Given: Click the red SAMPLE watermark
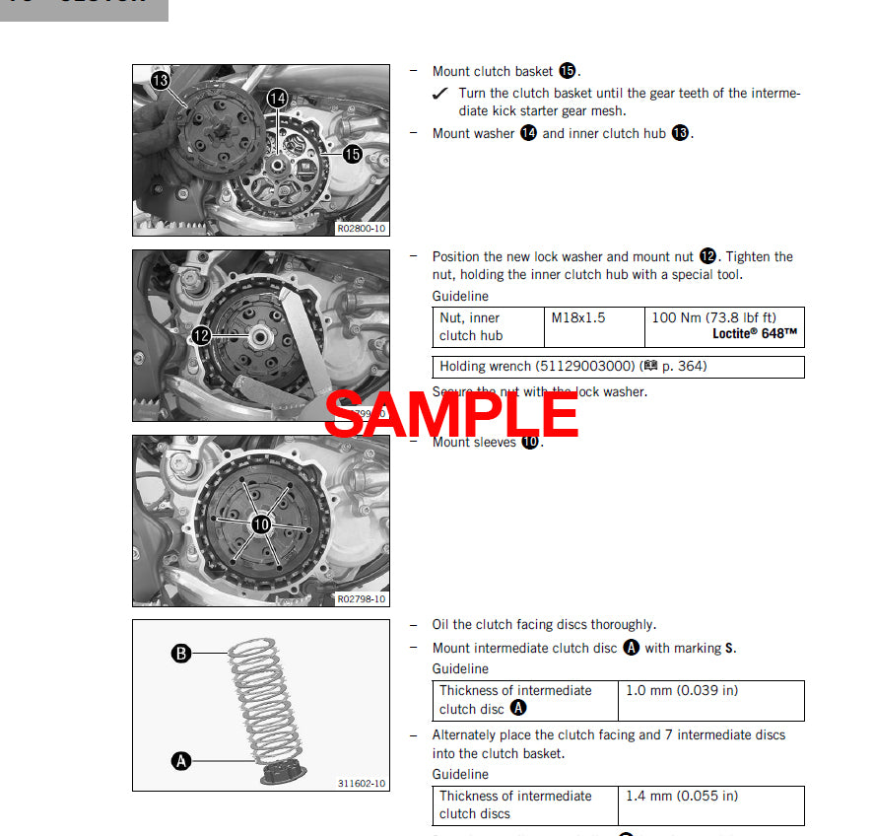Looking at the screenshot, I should [x=451, y=413].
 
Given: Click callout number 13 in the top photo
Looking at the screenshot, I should [x=161, y=79].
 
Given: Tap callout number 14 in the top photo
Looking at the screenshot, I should [x=277, y=98].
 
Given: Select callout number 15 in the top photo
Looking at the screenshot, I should [x=352, y=154].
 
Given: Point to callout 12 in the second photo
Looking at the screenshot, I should [x=201, y=335].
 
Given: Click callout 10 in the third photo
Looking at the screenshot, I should [x=261, y=524].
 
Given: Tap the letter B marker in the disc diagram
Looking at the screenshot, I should [x=181, y=654].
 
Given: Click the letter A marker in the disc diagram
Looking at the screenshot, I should [x=181, y=760].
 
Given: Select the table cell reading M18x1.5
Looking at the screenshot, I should [x=578, y=317].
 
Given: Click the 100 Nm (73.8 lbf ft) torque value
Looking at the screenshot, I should [x=713, y=317].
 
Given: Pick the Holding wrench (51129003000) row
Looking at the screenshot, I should [x=572, y=367].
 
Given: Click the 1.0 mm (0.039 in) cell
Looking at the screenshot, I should [x=681, y=690].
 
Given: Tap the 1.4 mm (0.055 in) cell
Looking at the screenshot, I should [x=681, y=796].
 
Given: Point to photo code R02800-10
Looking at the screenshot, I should [x=362, y=228].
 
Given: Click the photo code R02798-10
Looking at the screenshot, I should [x=362, y=598].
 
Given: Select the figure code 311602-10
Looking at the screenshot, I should [x=362, y=784].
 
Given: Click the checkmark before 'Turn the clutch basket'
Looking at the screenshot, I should [x=440, y=94].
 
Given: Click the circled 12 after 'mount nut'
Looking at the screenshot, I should [x=707, y=256].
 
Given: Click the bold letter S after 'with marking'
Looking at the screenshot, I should [x=729, y=648].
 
